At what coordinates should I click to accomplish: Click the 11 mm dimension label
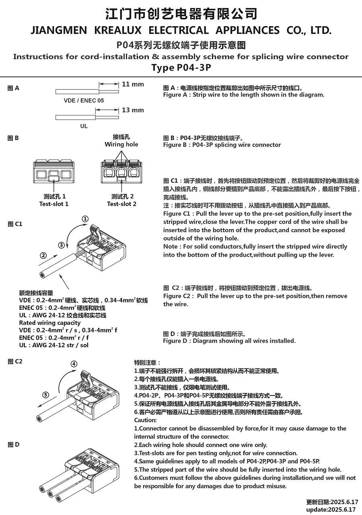[133, 84]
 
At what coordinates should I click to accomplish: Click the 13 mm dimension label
[133, 110]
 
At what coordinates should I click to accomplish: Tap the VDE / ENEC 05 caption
[84, 101]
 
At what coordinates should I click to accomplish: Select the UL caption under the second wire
[84, 126]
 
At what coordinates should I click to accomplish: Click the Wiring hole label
[121, 144]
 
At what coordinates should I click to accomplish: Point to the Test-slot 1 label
[54, 204]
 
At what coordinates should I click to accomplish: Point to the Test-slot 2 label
[121, 204]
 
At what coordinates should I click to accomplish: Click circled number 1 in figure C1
[85, 219]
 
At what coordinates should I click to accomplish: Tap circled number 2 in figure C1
[43, 255]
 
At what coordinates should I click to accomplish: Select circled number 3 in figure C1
[61, 245]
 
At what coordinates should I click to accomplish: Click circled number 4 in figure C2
[74, 364]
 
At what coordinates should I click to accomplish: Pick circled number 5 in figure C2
[46, 395]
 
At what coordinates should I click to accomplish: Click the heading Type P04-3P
[181, 68]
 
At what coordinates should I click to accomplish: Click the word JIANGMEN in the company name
[59, 30]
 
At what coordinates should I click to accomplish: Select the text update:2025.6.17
[332, 509]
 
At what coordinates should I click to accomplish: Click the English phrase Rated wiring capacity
[50, 323]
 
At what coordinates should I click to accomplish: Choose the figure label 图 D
[13, 445]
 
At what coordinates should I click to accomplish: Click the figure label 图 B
[13, 138]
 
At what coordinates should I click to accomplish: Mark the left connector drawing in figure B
[54, 171]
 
